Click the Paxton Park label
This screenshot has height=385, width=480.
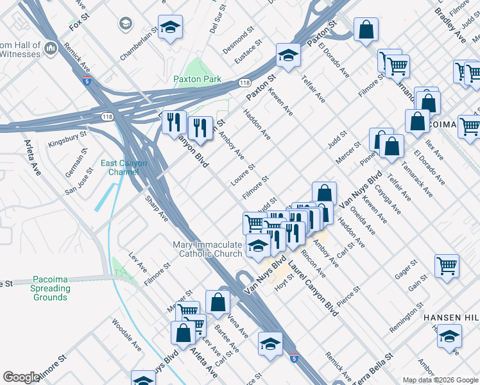197,79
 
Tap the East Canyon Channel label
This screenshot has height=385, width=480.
124,168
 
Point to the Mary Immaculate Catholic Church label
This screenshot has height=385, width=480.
208,249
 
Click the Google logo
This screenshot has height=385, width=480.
21,377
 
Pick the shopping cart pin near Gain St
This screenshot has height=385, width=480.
447,265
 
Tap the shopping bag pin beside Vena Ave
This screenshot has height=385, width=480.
218,302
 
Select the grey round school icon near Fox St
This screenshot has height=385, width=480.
125,24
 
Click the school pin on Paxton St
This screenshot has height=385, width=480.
288,56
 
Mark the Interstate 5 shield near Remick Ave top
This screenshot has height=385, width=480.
86,81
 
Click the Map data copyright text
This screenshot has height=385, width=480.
440,380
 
